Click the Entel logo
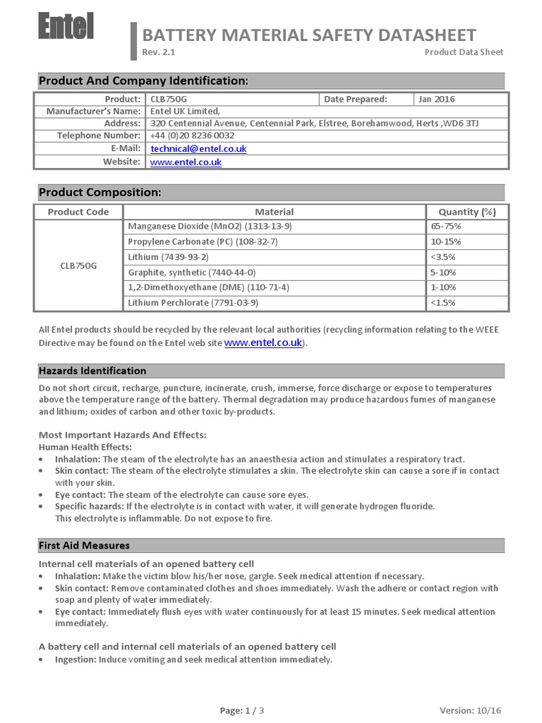point(66,28)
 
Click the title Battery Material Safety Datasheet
point(309,35)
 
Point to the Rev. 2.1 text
point(159,52)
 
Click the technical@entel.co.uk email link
point(198,149)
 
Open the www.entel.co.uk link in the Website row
point(186,162)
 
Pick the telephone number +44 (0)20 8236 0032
point(193,136)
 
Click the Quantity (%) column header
point(467,212)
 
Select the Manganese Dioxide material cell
point(210,226)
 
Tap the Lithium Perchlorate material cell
point(193,303)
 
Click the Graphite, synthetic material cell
point(192,273)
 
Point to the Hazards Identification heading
point(92,371)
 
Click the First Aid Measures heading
point(84,546)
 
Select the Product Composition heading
point(100,193)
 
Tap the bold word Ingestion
point(76,659)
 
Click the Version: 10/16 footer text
point(470,710)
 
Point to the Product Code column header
point(78,212)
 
